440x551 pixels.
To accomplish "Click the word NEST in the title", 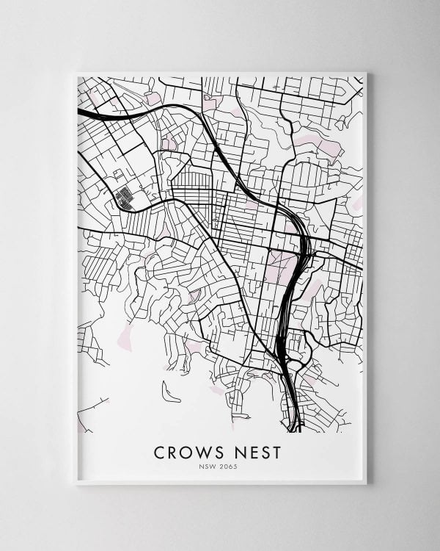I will coord(257,453).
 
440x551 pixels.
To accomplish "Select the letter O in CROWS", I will coord(188,453).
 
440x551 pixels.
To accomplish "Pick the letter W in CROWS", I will coord(205,453).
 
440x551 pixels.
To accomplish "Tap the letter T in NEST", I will coord(276,453).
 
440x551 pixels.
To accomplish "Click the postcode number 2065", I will coord(230,467).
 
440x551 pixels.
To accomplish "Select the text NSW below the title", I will coord(210,467).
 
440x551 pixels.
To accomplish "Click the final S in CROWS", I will coord(219,453).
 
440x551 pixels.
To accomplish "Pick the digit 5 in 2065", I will coord(236,467).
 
